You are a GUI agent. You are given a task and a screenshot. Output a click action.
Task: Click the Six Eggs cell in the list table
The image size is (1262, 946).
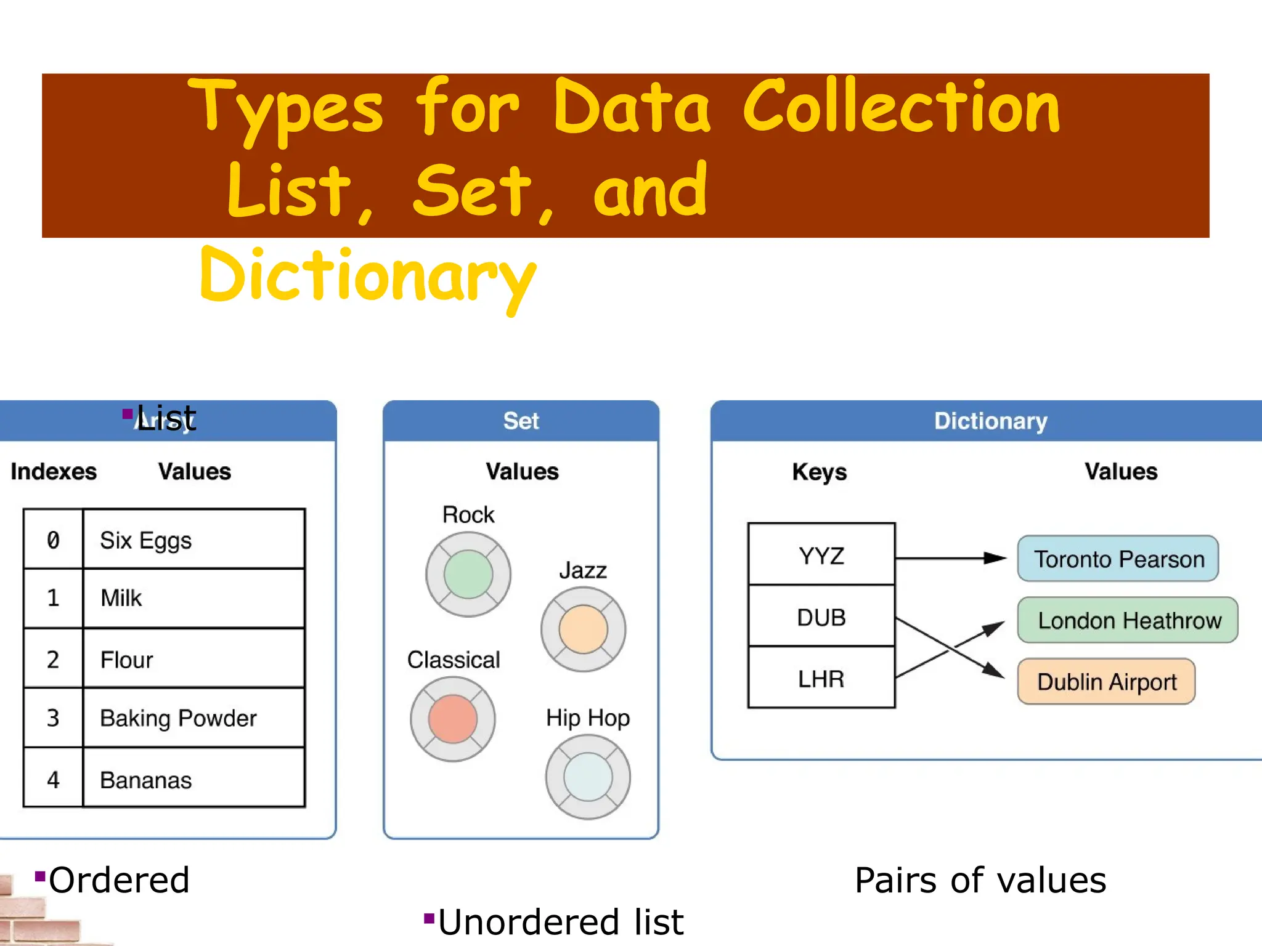(193, 540)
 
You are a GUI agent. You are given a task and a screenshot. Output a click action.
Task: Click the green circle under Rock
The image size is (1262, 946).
(468, 575)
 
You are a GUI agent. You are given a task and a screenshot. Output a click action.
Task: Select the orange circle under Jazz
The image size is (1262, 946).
(583, 629)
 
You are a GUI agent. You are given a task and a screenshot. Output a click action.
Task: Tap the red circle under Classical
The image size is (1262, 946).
(453, 719)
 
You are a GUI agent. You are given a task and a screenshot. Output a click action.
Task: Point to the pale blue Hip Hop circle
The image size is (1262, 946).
(588, 777)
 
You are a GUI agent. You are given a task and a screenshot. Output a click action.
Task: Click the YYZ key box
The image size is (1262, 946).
(821, 555)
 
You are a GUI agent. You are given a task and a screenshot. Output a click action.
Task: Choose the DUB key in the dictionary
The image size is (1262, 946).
(821, 617)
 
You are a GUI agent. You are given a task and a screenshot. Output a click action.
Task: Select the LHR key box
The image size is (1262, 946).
(821, 678)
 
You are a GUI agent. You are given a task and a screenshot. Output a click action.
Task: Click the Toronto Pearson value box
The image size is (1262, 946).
(1118, 559)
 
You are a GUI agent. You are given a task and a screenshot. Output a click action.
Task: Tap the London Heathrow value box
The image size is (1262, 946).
(1128, 620)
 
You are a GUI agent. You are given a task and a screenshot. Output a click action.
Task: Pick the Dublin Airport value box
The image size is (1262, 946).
(1106, 682)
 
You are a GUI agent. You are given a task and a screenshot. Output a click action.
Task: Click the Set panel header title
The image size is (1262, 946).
(521, 421)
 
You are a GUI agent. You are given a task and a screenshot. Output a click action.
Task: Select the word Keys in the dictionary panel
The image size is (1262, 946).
(819, 472)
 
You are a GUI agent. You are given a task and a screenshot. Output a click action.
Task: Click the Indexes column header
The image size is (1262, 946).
(54, 472)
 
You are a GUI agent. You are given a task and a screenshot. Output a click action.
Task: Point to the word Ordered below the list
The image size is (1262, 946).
(119, 880)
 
